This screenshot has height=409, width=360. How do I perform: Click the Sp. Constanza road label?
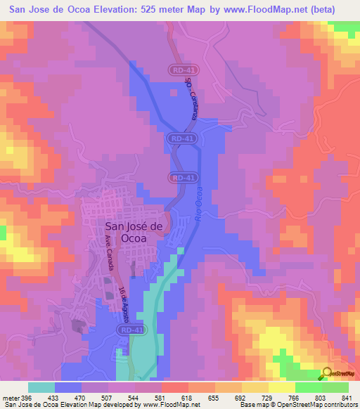click(190, 98)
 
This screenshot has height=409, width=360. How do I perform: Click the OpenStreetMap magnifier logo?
click(326, 372)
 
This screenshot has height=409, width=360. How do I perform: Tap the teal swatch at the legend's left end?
click(41, 387)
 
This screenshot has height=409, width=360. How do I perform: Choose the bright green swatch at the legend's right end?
click(335, 387)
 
